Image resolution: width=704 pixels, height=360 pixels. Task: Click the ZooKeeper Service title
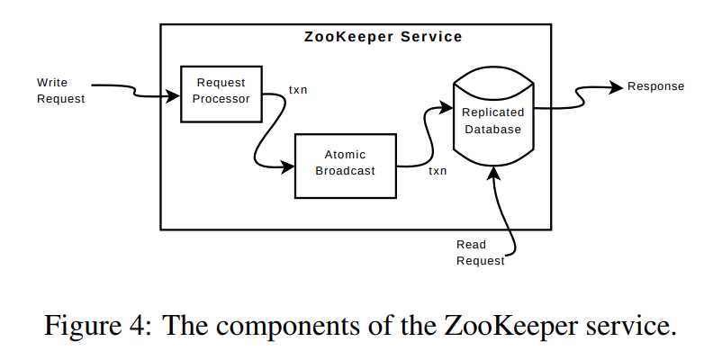pyautogui.click(x=383, y=37)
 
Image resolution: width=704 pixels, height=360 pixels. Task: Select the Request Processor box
pyautogui.click(x=221, y=94)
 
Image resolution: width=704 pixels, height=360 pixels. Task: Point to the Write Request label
pyautogui.click(x=60, y=91)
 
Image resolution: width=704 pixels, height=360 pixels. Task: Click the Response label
pyautogui.click(x=655, y=86)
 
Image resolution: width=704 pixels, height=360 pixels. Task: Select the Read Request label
pyautogui.click(x=480, y=253)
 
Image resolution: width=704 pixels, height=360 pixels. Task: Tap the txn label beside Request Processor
pyautogui.click(x=297, y=90)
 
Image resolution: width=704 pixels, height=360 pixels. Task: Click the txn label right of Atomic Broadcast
pyautogui.click(x=438, y=170)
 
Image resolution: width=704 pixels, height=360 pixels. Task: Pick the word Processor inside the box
pyautogui.click(x=221, y=99)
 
